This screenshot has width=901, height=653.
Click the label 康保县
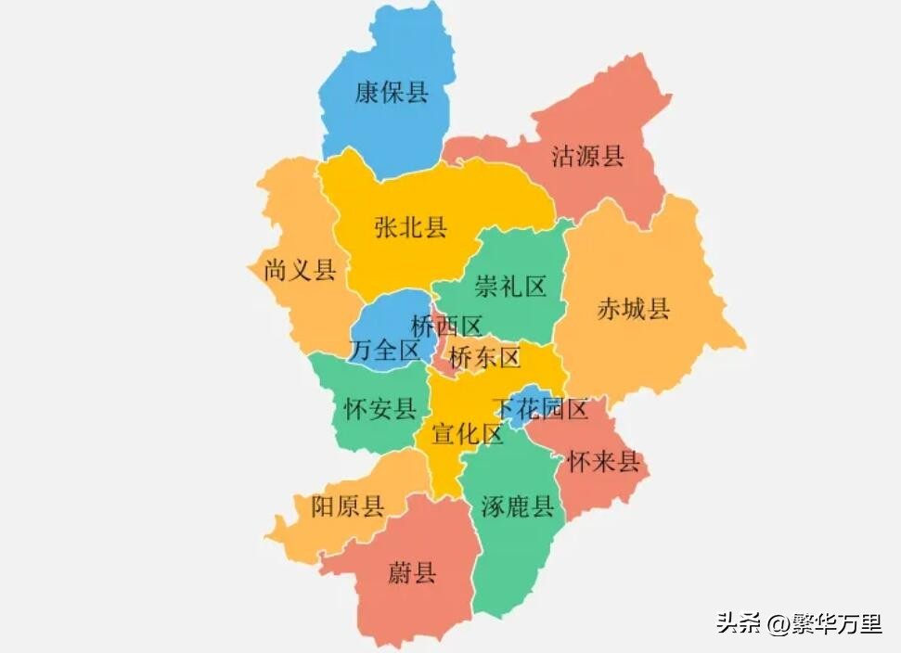coord(392,93)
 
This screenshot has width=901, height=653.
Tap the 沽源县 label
coord(587,155)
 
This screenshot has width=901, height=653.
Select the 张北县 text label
coord(410,227)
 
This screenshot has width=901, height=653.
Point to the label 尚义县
coord(300,271)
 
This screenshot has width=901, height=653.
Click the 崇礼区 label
coord(509,287)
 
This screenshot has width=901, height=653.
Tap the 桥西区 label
coord(446,326)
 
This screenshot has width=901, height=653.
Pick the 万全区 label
coord(385,350)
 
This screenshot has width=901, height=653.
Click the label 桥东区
coord(484,357)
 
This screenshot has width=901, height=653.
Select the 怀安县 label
coord(380,409)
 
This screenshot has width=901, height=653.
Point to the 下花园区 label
coord(541,409)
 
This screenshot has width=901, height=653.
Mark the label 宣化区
coord(467,433)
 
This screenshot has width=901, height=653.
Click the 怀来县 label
coord(604,462)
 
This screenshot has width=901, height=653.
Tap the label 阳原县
coord(347,506)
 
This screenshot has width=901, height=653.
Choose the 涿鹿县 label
coord(517,506)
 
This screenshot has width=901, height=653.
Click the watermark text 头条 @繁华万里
coord(798,623)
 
